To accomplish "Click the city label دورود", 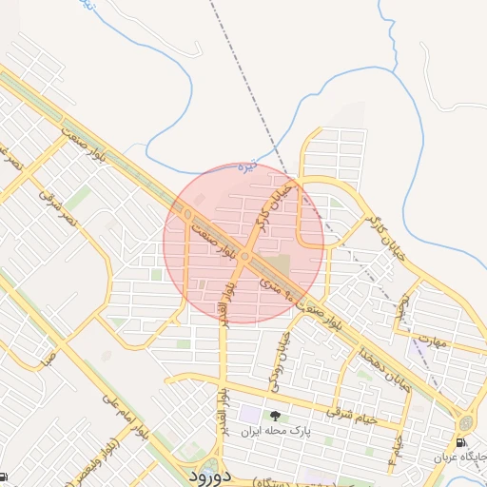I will click(x=205, y=474).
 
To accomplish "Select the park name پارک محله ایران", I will click(x=276, y=431).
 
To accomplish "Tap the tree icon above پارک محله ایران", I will click(x=276, y=416).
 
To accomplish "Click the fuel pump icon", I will click(x=461, y=441).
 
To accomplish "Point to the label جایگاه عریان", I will click(x=459, y=458).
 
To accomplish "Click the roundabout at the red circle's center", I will click(x=244, y=258).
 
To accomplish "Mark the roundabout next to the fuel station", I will click(x=466, y=422).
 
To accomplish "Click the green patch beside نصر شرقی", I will click(x=78, y=198).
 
